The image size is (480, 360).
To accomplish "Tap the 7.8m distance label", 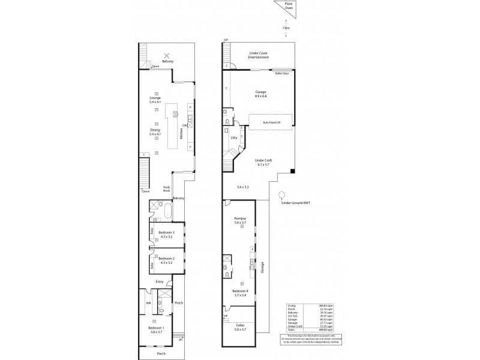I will tap(286, 28).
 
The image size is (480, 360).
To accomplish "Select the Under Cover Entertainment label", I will tap(259, 55).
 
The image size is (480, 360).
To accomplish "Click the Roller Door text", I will tap(282, 73).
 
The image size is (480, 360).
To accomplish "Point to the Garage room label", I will tap(260, 94).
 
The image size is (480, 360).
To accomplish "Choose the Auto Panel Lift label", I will tap(271, 122).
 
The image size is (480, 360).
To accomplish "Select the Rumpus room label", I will tap(240, 220).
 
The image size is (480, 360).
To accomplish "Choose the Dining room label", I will tap(156, 131).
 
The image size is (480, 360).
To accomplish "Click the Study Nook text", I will tap(167, 189).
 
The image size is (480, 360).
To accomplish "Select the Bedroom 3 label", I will tap(166, 234).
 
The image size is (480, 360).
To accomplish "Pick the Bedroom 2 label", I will tap(166, 260).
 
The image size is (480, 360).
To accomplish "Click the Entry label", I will tap(160, 282).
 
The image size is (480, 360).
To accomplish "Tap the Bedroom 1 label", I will tap(156, 329).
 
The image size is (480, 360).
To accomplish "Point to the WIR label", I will tap(148, 303).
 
